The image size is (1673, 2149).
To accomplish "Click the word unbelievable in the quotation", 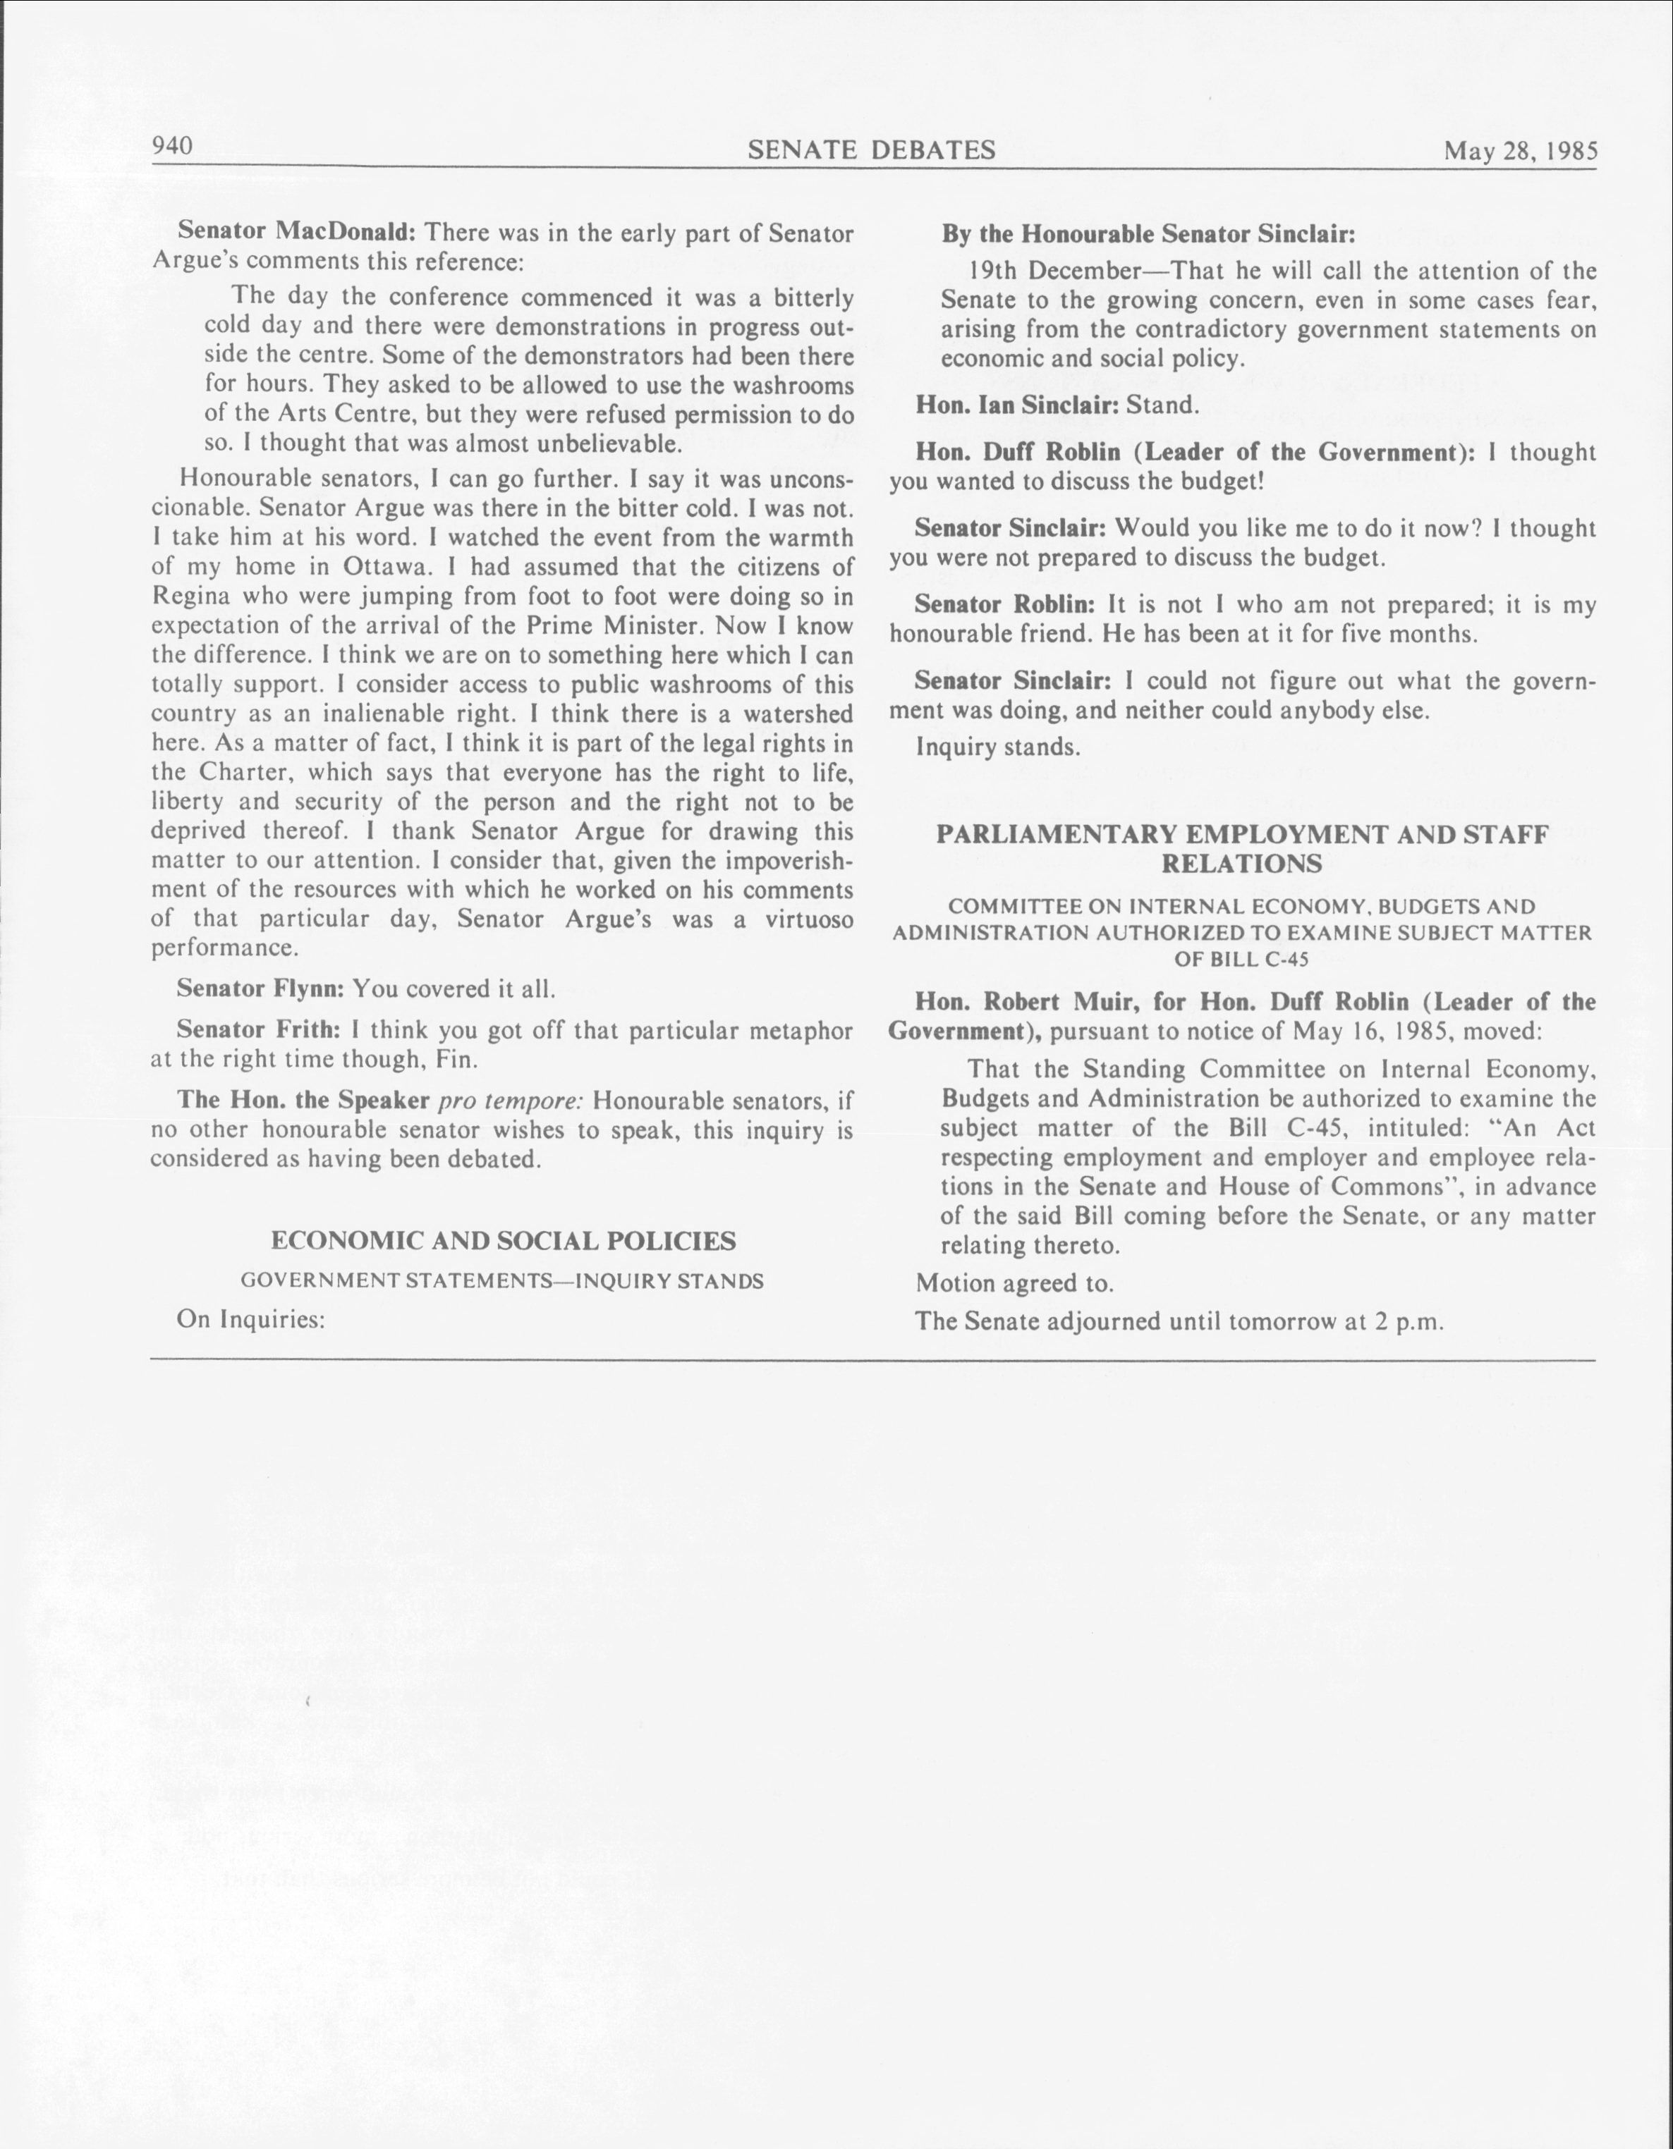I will click(x=609, y=443).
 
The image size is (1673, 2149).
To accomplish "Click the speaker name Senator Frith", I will click(x=258, y=1030).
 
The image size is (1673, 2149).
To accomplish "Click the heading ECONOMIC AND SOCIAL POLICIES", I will click(x=503, y=1241).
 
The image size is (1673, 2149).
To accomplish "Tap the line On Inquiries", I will click(x=251, y=1320).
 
